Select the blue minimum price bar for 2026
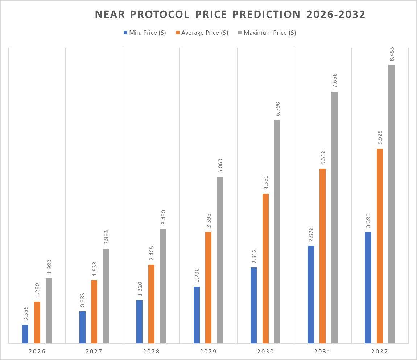(25, 334)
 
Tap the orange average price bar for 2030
(265, 269)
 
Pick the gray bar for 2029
(220, 260)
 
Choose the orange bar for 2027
(94, 311)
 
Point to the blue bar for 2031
(311, 294)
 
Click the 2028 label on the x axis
(151, 352)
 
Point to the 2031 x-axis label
(322, 352)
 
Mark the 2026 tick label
(37, 352)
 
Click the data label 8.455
(392, 53)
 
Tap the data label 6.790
(277, 108)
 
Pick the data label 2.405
(151, 253)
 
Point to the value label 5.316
(322, 157)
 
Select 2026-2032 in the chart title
(336, 14)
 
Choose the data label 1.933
(94, 268)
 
